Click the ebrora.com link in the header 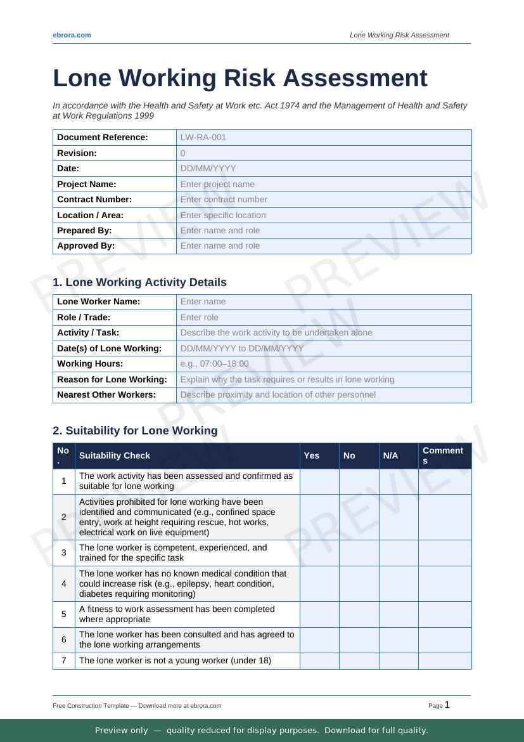[72, 35]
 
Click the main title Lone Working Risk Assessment [240, 78]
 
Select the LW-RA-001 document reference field [323, 138]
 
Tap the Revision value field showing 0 [323, 153]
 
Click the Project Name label [87, 184]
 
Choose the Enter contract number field [323, 199]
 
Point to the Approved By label [86, 245]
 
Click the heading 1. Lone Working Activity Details [139, 282]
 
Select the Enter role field [323, 317]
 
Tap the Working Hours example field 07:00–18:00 [323, 363]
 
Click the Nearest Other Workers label [106, 394]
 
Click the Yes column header [312, 455]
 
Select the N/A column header [391, 455]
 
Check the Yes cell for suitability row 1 [319, 481]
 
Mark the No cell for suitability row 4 [359, 583]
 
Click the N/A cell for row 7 [399, 661]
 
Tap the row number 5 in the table [64, 615]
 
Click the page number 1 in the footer [447, 705]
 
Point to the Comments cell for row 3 [445, 553]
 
